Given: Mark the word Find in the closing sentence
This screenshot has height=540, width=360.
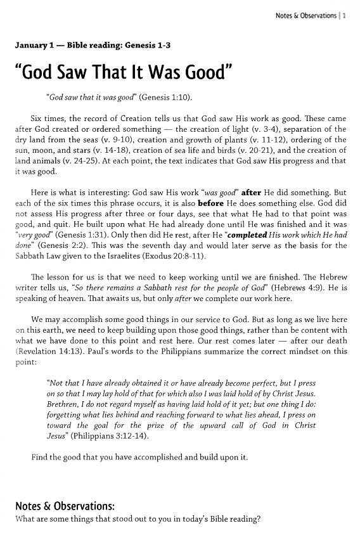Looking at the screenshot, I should click(40, 456).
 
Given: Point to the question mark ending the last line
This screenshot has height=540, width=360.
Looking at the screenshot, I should click(258, 519).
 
